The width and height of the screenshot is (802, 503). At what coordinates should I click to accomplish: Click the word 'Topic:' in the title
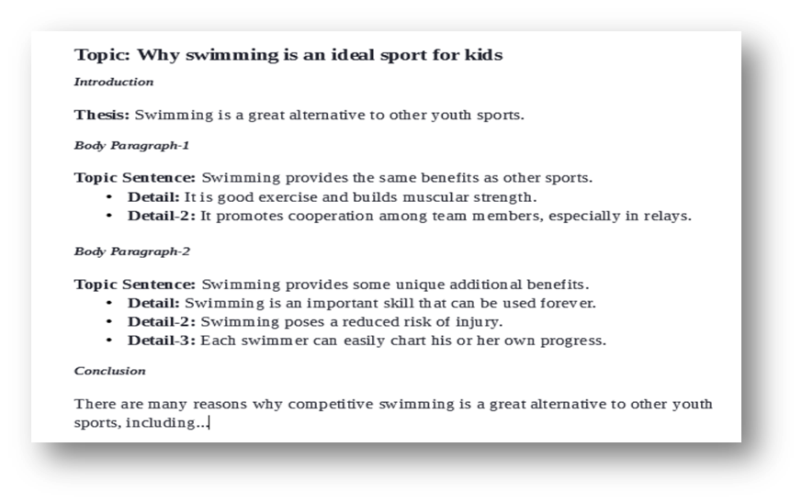point(102,55)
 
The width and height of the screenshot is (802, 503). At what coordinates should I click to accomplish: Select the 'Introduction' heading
point(114,82)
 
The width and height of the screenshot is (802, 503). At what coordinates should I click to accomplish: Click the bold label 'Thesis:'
point(102,115)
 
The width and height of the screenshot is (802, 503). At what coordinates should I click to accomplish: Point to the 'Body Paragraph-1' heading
point(131,146)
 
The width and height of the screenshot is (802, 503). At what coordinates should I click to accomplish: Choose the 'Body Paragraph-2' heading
point(132,251)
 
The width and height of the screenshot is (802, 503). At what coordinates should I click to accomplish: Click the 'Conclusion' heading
point(110,371)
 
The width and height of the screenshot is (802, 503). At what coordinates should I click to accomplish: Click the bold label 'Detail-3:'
point(162,341)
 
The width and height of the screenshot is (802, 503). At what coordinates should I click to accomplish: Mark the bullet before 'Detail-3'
point(109,341)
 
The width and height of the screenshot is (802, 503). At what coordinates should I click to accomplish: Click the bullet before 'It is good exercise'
point(109,197)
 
